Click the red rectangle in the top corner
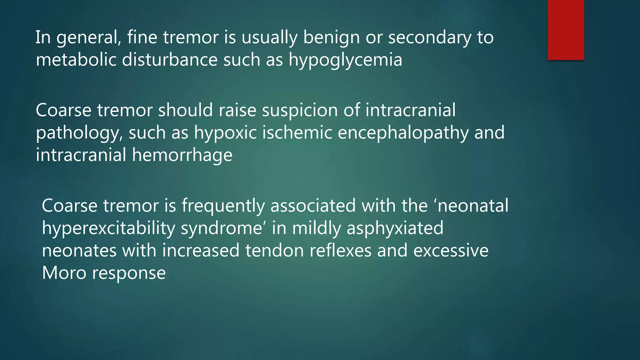click(x=566, y=30)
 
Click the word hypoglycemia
click(x=345, y=60)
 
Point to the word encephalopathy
click(x=403, y=133)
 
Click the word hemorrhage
click(x=182, y=155)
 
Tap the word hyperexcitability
click(x=108, y=228)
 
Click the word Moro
click(x=64, y=273)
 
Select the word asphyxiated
click(x=395, y=228)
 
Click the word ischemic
click(x=297, y=132)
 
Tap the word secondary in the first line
click(x=429, y=37)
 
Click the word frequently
click(x=223, y=206)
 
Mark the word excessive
click(x=451, y=251)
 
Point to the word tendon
click(x=274, y=251)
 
